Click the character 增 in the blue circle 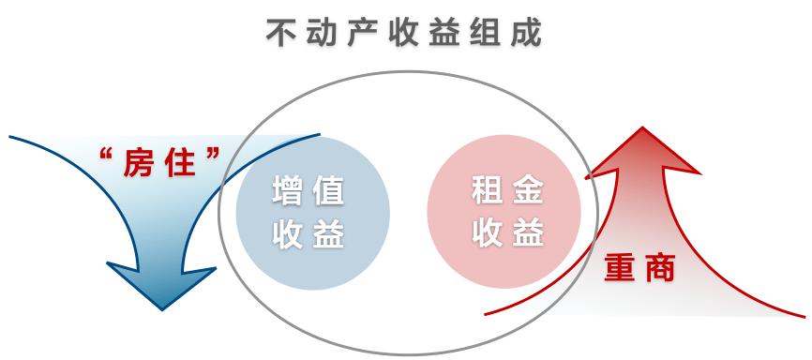[288, 191]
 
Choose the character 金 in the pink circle [530, 191]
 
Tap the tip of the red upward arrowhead [642, 128]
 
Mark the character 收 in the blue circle [288, 233]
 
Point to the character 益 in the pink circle [530, 233]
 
